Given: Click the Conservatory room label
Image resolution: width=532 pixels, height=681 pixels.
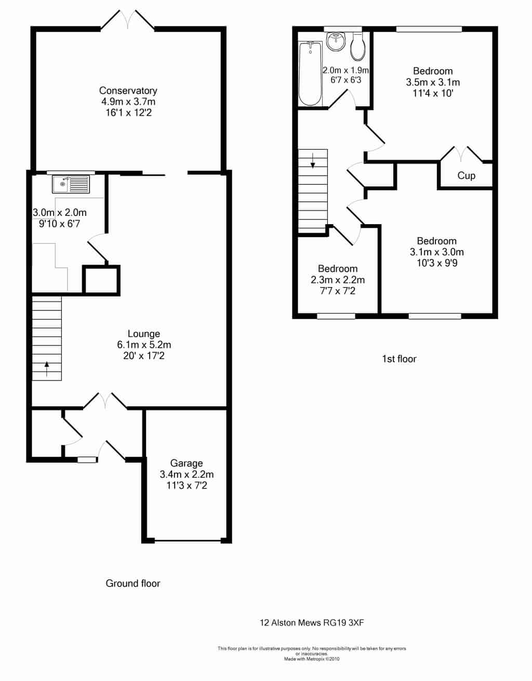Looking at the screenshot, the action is (128, 90).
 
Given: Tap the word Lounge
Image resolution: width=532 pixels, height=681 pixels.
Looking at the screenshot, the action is (144, 333).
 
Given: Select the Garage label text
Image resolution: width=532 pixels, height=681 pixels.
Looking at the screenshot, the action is (187, 463).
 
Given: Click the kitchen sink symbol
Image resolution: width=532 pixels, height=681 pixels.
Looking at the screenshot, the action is (71, 184).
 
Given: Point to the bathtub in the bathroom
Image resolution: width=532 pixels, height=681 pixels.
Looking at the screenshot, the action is (310, 73).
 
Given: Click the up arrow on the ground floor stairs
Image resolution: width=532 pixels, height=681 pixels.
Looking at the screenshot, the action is (47, 369).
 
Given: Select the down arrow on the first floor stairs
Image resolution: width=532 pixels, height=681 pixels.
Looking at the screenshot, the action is (313, 160).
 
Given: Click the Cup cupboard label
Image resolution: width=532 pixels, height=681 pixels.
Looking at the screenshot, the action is (466, 175).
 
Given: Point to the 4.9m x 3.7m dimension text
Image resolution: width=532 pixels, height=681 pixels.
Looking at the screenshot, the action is (128, 102).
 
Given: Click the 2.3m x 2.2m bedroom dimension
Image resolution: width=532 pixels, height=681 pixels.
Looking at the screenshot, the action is (338, 280).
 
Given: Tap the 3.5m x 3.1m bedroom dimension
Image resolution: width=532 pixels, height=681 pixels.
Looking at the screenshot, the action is (433, 83).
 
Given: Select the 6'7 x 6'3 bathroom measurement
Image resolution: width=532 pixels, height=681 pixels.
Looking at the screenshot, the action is (345, 80).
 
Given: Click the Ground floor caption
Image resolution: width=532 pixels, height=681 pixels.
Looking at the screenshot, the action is (132, 583).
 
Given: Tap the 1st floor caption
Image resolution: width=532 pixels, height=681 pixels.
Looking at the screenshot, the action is (399, 359).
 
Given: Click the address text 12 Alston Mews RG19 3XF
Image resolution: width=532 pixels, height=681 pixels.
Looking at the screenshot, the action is (312, 623).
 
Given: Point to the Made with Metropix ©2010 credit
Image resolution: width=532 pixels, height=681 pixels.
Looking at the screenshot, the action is (312, 659).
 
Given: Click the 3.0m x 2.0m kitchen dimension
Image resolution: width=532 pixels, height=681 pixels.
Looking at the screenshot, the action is (60, 213).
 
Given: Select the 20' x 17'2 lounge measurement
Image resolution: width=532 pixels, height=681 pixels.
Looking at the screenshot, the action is (144, 356).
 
